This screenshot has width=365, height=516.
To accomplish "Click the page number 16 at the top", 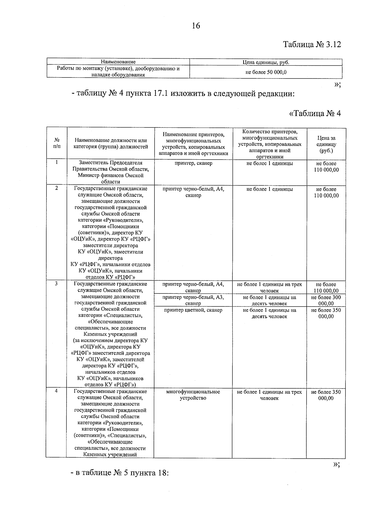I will [196, 26].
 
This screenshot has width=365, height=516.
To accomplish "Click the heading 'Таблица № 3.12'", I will [312, 44].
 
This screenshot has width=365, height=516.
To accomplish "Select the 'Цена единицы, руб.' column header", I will [266, 62].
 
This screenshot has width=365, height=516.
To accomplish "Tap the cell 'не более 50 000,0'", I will [266, 72].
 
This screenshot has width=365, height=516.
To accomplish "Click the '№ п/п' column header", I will [57, 143].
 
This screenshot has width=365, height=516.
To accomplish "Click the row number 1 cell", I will [57, 162].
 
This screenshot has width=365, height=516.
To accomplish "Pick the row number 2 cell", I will [57, 188].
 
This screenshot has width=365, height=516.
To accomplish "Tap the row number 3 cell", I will [57, 284].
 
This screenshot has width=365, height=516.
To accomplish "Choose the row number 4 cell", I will [57, 391].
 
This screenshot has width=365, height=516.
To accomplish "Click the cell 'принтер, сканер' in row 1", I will [193, 163].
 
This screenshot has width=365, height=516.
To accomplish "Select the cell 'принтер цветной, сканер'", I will [193, 310].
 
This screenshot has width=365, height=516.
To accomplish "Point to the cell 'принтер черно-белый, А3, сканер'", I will [193, 300].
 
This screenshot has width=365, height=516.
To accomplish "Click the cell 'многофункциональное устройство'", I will [193, 395].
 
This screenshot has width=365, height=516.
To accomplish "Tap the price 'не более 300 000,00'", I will [326, 300].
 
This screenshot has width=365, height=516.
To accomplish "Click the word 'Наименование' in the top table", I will [118, 62].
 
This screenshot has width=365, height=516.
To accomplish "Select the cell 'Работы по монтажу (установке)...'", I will [118, 72].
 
